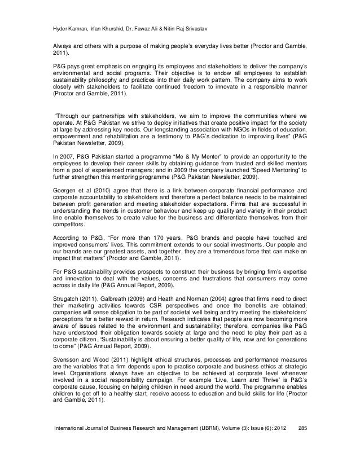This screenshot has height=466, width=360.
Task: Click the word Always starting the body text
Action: coord(56,43)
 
